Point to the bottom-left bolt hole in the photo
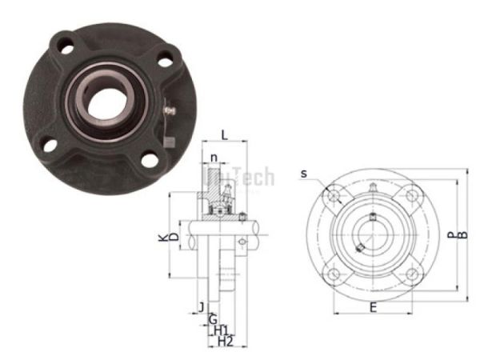tap(47, 144)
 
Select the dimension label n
tap(214, 157)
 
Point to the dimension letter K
tap(163, 238)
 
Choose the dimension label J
tap(201, 306)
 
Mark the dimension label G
tap(212, 319)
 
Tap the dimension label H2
tap(225, 342)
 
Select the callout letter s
tap(305, 173)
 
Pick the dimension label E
tap(373, 306)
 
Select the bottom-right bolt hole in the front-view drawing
tap(410, 274)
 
